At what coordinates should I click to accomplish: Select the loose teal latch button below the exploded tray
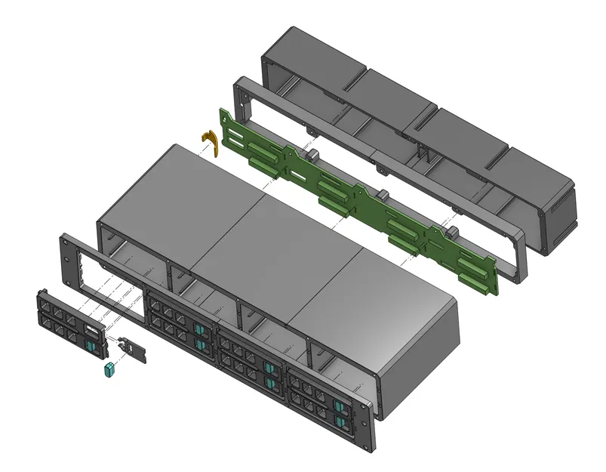click(x=108, y=370)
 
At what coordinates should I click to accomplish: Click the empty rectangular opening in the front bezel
click(x=113, y=283)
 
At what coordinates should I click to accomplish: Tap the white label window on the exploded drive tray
click(x=90, y=330)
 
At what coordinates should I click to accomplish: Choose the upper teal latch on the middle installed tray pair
click(x=269, y=369)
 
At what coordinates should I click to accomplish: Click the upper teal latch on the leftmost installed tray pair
click(x=198, y=329)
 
